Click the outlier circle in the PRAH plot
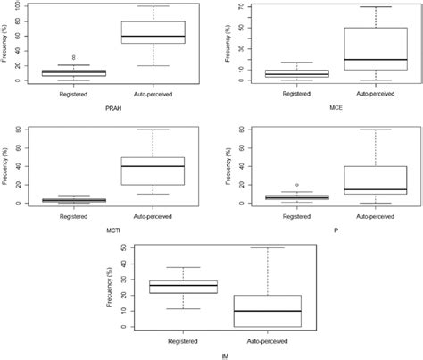tap(62, 57)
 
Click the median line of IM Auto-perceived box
tap(267, 311)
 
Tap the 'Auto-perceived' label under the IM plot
tap(267, 341)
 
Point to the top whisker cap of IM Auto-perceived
tap(267, 248)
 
